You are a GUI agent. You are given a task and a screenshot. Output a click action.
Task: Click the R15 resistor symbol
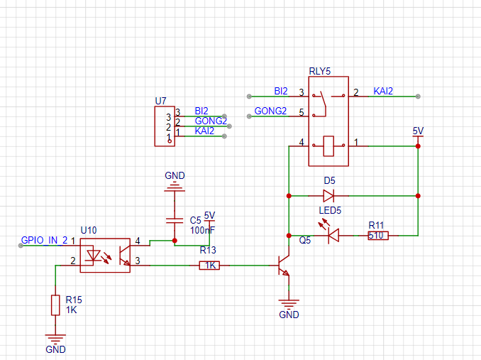point(55,305)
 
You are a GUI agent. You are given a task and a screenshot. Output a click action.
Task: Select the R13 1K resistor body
point(210,266)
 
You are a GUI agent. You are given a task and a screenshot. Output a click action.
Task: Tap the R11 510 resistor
point(378,236)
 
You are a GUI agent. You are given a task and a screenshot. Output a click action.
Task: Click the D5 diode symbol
point(328,195)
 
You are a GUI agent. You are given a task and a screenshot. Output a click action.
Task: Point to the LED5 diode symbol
point(331,233)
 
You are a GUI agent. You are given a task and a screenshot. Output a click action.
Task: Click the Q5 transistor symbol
point(284,266)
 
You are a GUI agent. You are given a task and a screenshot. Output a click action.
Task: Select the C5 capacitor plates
point(175,220)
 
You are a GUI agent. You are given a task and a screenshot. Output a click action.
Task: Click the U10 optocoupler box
point(105,256)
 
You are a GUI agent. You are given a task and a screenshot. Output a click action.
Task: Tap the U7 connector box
point(165,126)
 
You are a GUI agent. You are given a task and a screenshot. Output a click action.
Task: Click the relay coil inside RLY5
point(328,146)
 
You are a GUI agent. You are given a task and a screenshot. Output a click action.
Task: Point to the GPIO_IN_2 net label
point(44,240)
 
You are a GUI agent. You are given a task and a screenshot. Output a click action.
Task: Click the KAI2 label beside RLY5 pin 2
point(383,91)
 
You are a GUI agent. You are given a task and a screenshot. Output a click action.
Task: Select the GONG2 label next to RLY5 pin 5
point(270,111)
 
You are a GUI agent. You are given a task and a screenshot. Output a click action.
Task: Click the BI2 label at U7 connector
point(201,111)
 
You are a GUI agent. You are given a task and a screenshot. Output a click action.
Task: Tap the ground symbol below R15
point(55,338)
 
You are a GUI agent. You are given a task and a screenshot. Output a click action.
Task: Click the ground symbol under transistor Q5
point(289,303)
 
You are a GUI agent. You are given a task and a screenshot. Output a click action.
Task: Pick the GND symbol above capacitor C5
point(175,187)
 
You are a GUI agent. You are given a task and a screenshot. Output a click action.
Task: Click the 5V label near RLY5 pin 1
point(418,131)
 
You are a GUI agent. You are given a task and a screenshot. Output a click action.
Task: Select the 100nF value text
point(202,230)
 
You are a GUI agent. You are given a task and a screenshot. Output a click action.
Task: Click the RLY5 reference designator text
point(320,71)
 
